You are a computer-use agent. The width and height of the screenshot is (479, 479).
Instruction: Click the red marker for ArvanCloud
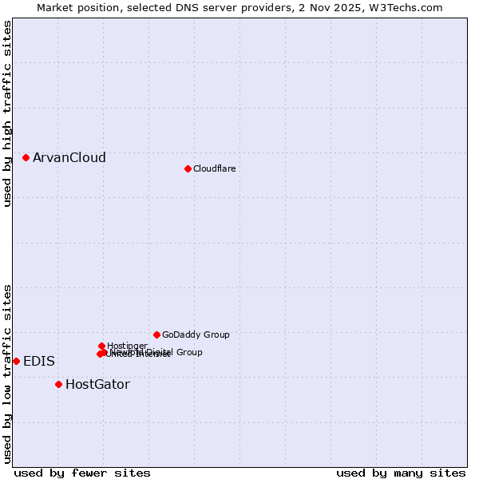26,157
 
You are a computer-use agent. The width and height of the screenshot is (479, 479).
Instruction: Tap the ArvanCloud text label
69,158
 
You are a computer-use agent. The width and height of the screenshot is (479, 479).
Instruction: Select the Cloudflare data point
188,168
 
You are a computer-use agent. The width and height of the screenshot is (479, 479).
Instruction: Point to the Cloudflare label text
215,168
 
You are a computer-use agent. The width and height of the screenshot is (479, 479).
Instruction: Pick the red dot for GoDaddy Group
156,335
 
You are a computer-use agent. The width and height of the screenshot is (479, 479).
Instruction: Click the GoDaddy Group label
196,335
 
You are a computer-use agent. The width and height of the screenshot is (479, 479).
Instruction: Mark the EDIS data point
16,361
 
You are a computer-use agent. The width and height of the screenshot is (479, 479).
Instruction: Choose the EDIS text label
39,362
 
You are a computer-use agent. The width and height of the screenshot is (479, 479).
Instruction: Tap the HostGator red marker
58,384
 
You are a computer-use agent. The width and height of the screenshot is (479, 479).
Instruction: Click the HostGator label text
97,385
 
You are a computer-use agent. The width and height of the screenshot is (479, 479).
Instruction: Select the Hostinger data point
101,346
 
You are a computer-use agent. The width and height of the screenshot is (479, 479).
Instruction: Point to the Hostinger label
127,346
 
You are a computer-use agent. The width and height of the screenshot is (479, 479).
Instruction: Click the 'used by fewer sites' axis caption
82,473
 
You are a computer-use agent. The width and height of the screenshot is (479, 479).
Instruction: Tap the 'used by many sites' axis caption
401,473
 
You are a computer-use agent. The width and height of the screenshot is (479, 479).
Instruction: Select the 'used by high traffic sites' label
7,113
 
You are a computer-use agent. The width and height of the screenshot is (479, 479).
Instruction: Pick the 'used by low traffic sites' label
7,374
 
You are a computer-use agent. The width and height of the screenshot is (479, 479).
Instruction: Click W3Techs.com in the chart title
409,7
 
